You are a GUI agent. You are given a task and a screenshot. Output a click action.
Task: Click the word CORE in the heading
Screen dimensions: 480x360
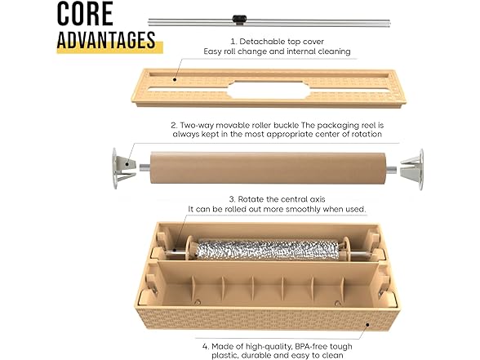(85, 14)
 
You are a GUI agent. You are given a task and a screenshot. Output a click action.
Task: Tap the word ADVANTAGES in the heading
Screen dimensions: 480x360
(106, 39)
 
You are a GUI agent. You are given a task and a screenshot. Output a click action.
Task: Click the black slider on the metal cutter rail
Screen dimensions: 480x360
(239, 19)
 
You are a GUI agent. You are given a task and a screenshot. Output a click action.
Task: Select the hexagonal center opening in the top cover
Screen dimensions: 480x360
(269, 90)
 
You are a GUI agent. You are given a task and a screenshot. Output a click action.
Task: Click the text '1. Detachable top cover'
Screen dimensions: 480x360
(277, 42)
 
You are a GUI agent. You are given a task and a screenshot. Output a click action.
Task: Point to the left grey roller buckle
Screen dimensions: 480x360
(123, 168)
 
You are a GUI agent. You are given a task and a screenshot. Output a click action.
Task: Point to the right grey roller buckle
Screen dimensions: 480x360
(412, 169)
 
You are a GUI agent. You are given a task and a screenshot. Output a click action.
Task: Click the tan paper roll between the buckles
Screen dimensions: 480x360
(268, 168)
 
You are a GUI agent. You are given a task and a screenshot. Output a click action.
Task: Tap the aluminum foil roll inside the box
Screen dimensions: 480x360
(267, 250)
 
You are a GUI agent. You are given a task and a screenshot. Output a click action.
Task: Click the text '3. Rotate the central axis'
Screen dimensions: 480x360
(277, 199)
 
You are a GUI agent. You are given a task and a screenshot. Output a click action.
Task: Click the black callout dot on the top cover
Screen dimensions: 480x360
(175, 80)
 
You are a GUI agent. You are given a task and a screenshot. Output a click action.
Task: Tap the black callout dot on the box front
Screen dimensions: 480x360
(367, 325)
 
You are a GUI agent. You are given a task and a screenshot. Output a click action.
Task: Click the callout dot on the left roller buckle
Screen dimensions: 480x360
(126, 164)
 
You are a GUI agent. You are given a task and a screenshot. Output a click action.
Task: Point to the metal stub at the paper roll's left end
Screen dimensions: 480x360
(144, 167)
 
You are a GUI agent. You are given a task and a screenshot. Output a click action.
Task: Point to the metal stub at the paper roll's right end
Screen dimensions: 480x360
(391, 170)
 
